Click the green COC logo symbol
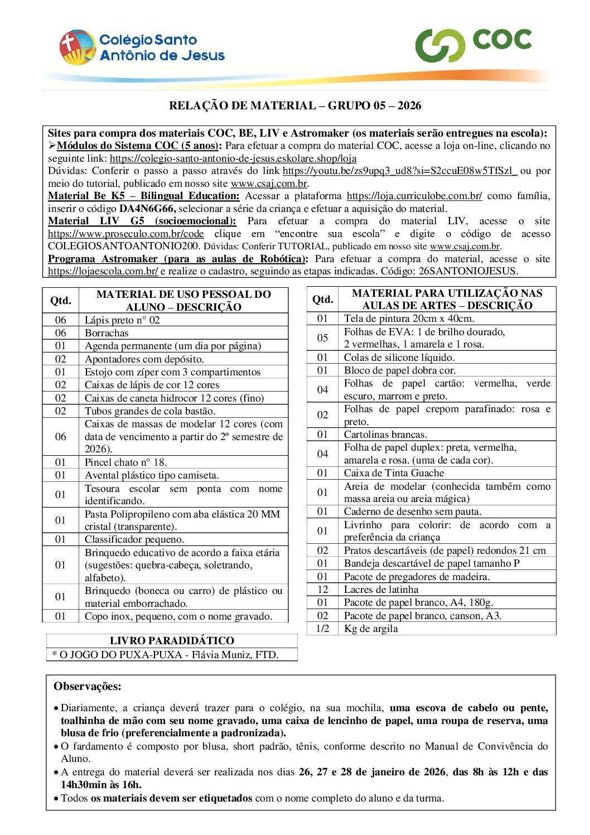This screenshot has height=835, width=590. [440, 45]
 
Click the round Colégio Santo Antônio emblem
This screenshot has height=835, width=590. [78, 47]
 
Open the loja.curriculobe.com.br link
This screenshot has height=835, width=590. [414, 196]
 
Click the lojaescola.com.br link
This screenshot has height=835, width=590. [103, 271]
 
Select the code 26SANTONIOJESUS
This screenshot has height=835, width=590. [468, 271]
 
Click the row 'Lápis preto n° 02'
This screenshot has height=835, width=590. [122, 320]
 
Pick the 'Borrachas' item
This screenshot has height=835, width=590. [107, 333]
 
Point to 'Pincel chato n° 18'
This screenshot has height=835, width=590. [125, 462]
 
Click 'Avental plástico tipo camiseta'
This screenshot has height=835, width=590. [151, 475]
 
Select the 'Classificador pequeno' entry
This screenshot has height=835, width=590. [134, 539]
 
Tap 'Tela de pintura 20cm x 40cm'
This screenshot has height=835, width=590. [409, 318]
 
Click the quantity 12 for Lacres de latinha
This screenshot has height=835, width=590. [322, 590]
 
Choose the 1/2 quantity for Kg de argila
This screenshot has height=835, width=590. [322, 629]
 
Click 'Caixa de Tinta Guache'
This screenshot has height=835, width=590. [394, 473]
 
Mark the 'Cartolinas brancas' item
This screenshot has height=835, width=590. [385, 435]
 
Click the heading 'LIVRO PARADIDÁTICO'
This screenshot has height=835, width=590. [172, 641]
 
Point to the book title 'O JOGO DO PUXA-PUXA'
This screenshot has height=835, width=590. [120, 655]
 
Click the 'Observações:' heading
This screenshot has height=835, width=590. [87, 687]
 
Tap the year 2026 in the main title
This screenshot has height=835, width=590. [409, 105]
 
